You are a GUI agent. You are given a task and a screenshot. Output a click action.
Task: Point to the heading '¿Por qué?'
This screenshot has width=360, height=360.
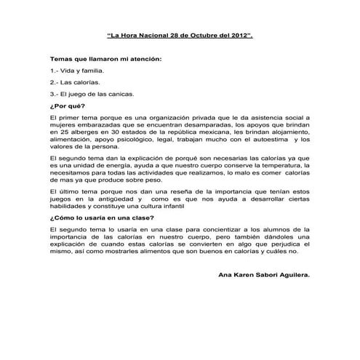point(64,106)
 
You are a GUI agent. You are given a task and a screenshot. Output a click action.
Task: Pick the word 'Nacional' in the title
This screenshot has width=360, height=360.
point(147,35)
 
